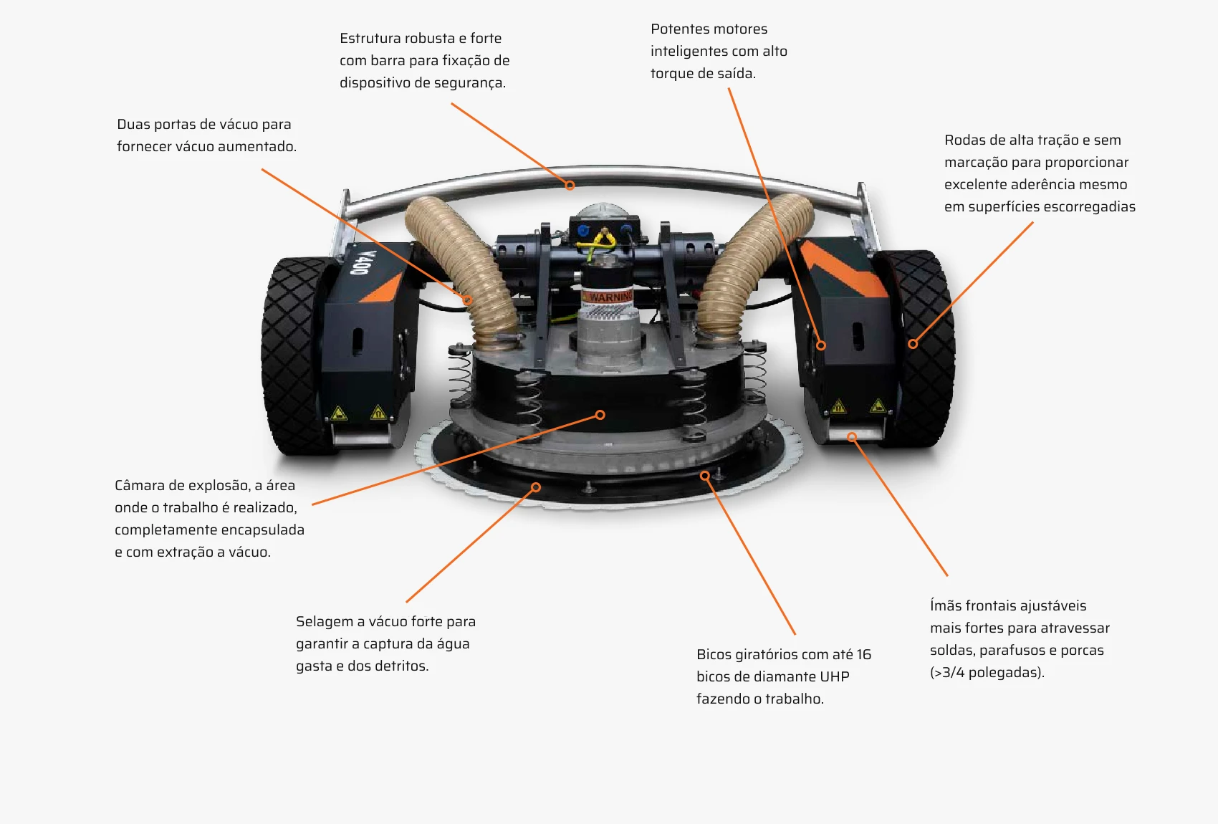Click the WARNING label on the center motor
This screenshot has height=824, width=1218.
(x=609, y=297)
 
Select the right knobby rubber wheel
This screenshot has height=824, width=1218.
(x=924, y=351)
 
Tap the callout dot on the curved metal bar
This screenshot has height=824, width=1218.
(x=570, y=186)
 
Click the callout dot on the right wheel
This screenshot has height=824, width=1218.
(x=913, y=344)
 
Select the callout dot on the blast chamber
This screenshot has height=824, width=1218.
(x=600, y=415)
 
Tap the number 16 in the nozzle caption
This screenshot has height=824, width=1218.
(x=863, y=655)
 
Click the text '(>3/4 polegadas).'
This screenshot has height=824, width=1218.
(x=987, y=673)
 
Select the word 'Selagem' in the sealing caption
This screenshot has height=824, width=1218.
(x=323, y=622)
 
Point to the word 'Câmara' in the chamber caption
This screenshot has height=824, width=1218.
(x=138, y=486)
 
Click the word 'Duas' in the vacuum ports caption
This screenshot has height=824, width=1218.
(x=133, y=125)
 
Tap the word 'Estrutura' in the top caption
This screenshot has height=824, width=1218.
(x=370, y=39)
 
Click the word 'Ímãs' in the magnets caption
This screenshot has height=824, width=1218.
(x=945, y=606)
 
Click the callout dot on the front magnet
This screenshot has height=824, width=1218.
(x=852, y=436)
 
